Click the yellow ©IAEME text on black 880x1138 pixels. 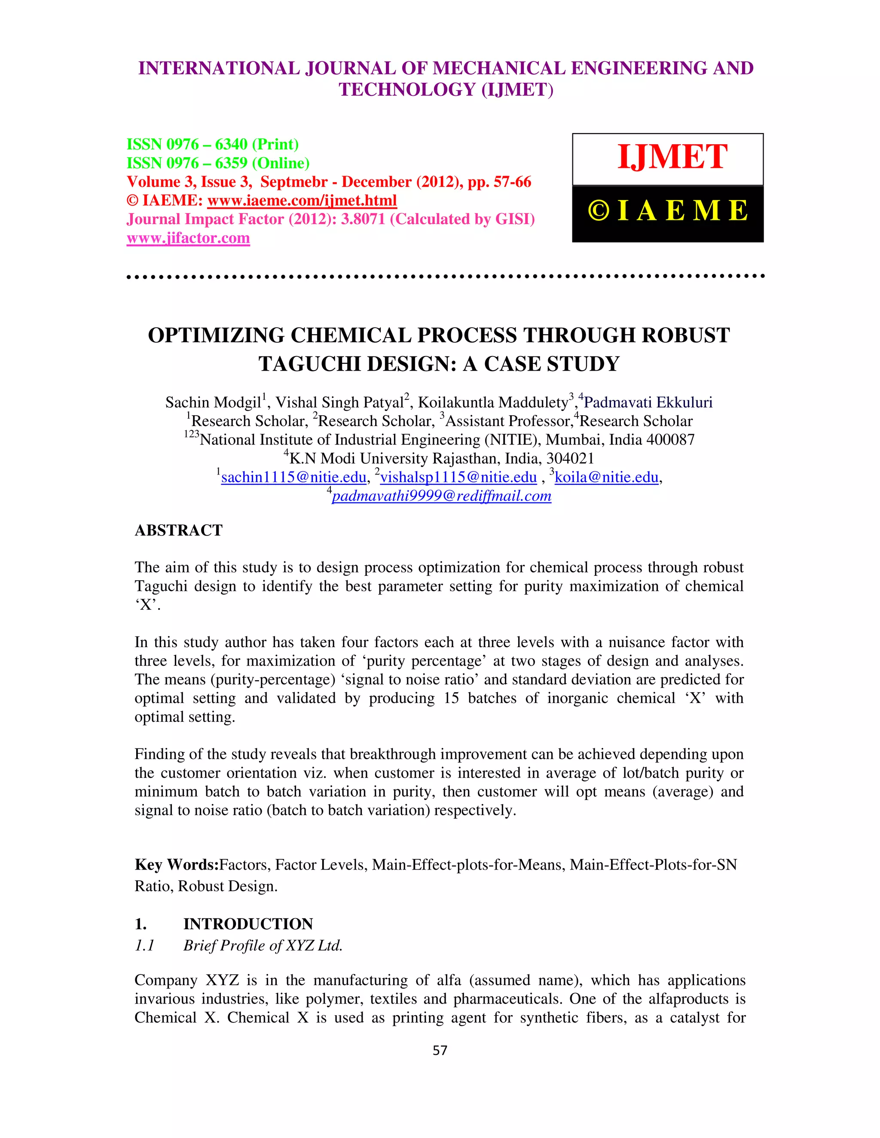668,211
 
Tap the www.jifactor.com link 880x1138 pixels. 188,238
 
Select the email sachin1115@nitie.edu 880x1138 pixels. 293,477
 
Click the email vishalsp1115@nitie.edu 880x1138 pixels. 458,477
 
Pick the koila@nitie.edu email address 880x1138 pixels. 606,477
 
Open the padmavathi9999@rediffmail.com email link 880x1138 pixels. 441,496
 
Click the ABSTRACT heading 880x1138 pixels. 179,530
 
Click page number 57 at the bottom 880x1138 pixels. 440,1050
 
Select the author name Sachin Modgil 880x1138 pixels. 213,403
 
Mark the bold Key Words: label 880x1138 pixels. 176,865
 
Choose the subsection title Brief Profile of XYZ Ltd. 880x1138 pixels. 263,946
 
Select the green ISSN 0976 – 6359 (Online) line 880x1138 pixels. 218,163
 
